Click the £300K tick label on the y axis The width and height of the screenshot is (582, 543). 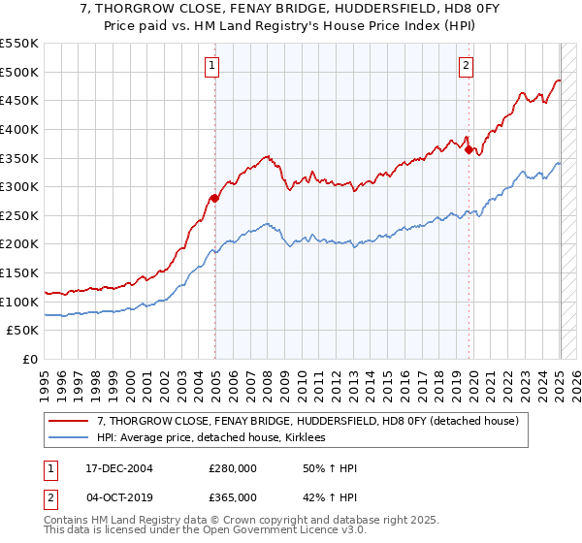pyautogui.click(x=19, y=186)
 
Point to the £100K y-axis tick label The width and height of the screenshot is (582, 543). pyautogui.click(x=19, y=302)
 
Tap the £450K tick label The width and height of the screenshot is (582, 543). pyautogui.click(x=19, y=100)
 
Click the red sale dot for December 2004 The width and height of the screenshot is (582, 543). pyautogui.click(x=215, y=198)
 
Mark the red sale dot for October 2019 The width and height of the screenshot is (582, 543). pyautogui.click(x=469, y=149)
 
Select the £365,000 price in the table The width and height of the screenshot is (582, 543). pyautogui.click(x=233, y=497)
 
